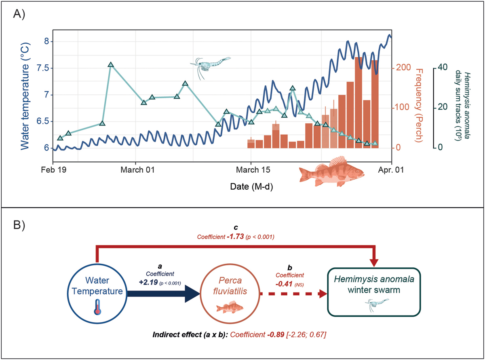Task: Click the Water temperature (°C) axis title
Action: coord(25,95)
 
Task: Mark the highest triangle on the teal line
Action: coord(111,65)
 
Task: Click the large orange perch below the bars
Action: coord(331,170)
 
